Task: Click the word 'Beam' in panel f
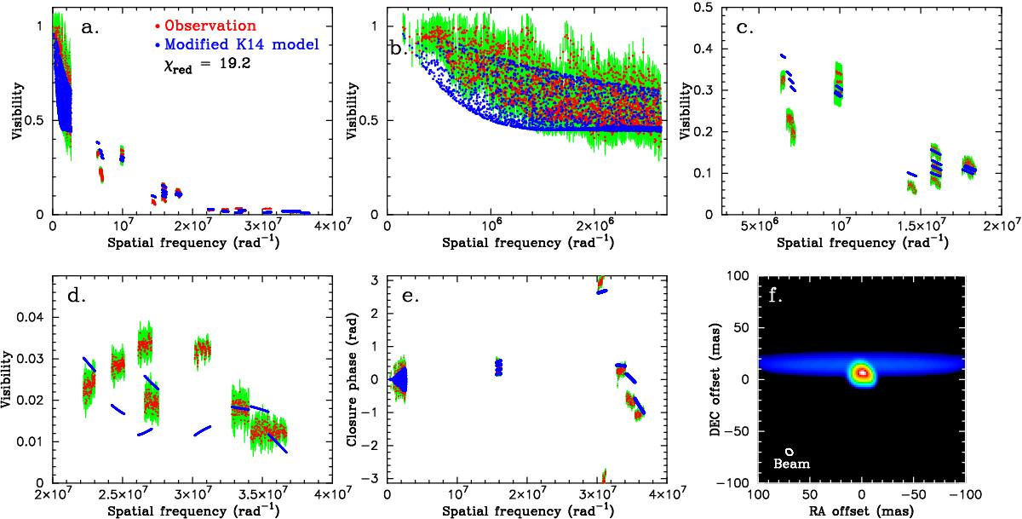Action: (x=791, y=464)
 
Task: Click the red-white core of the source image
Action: (x=862, y=372)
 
